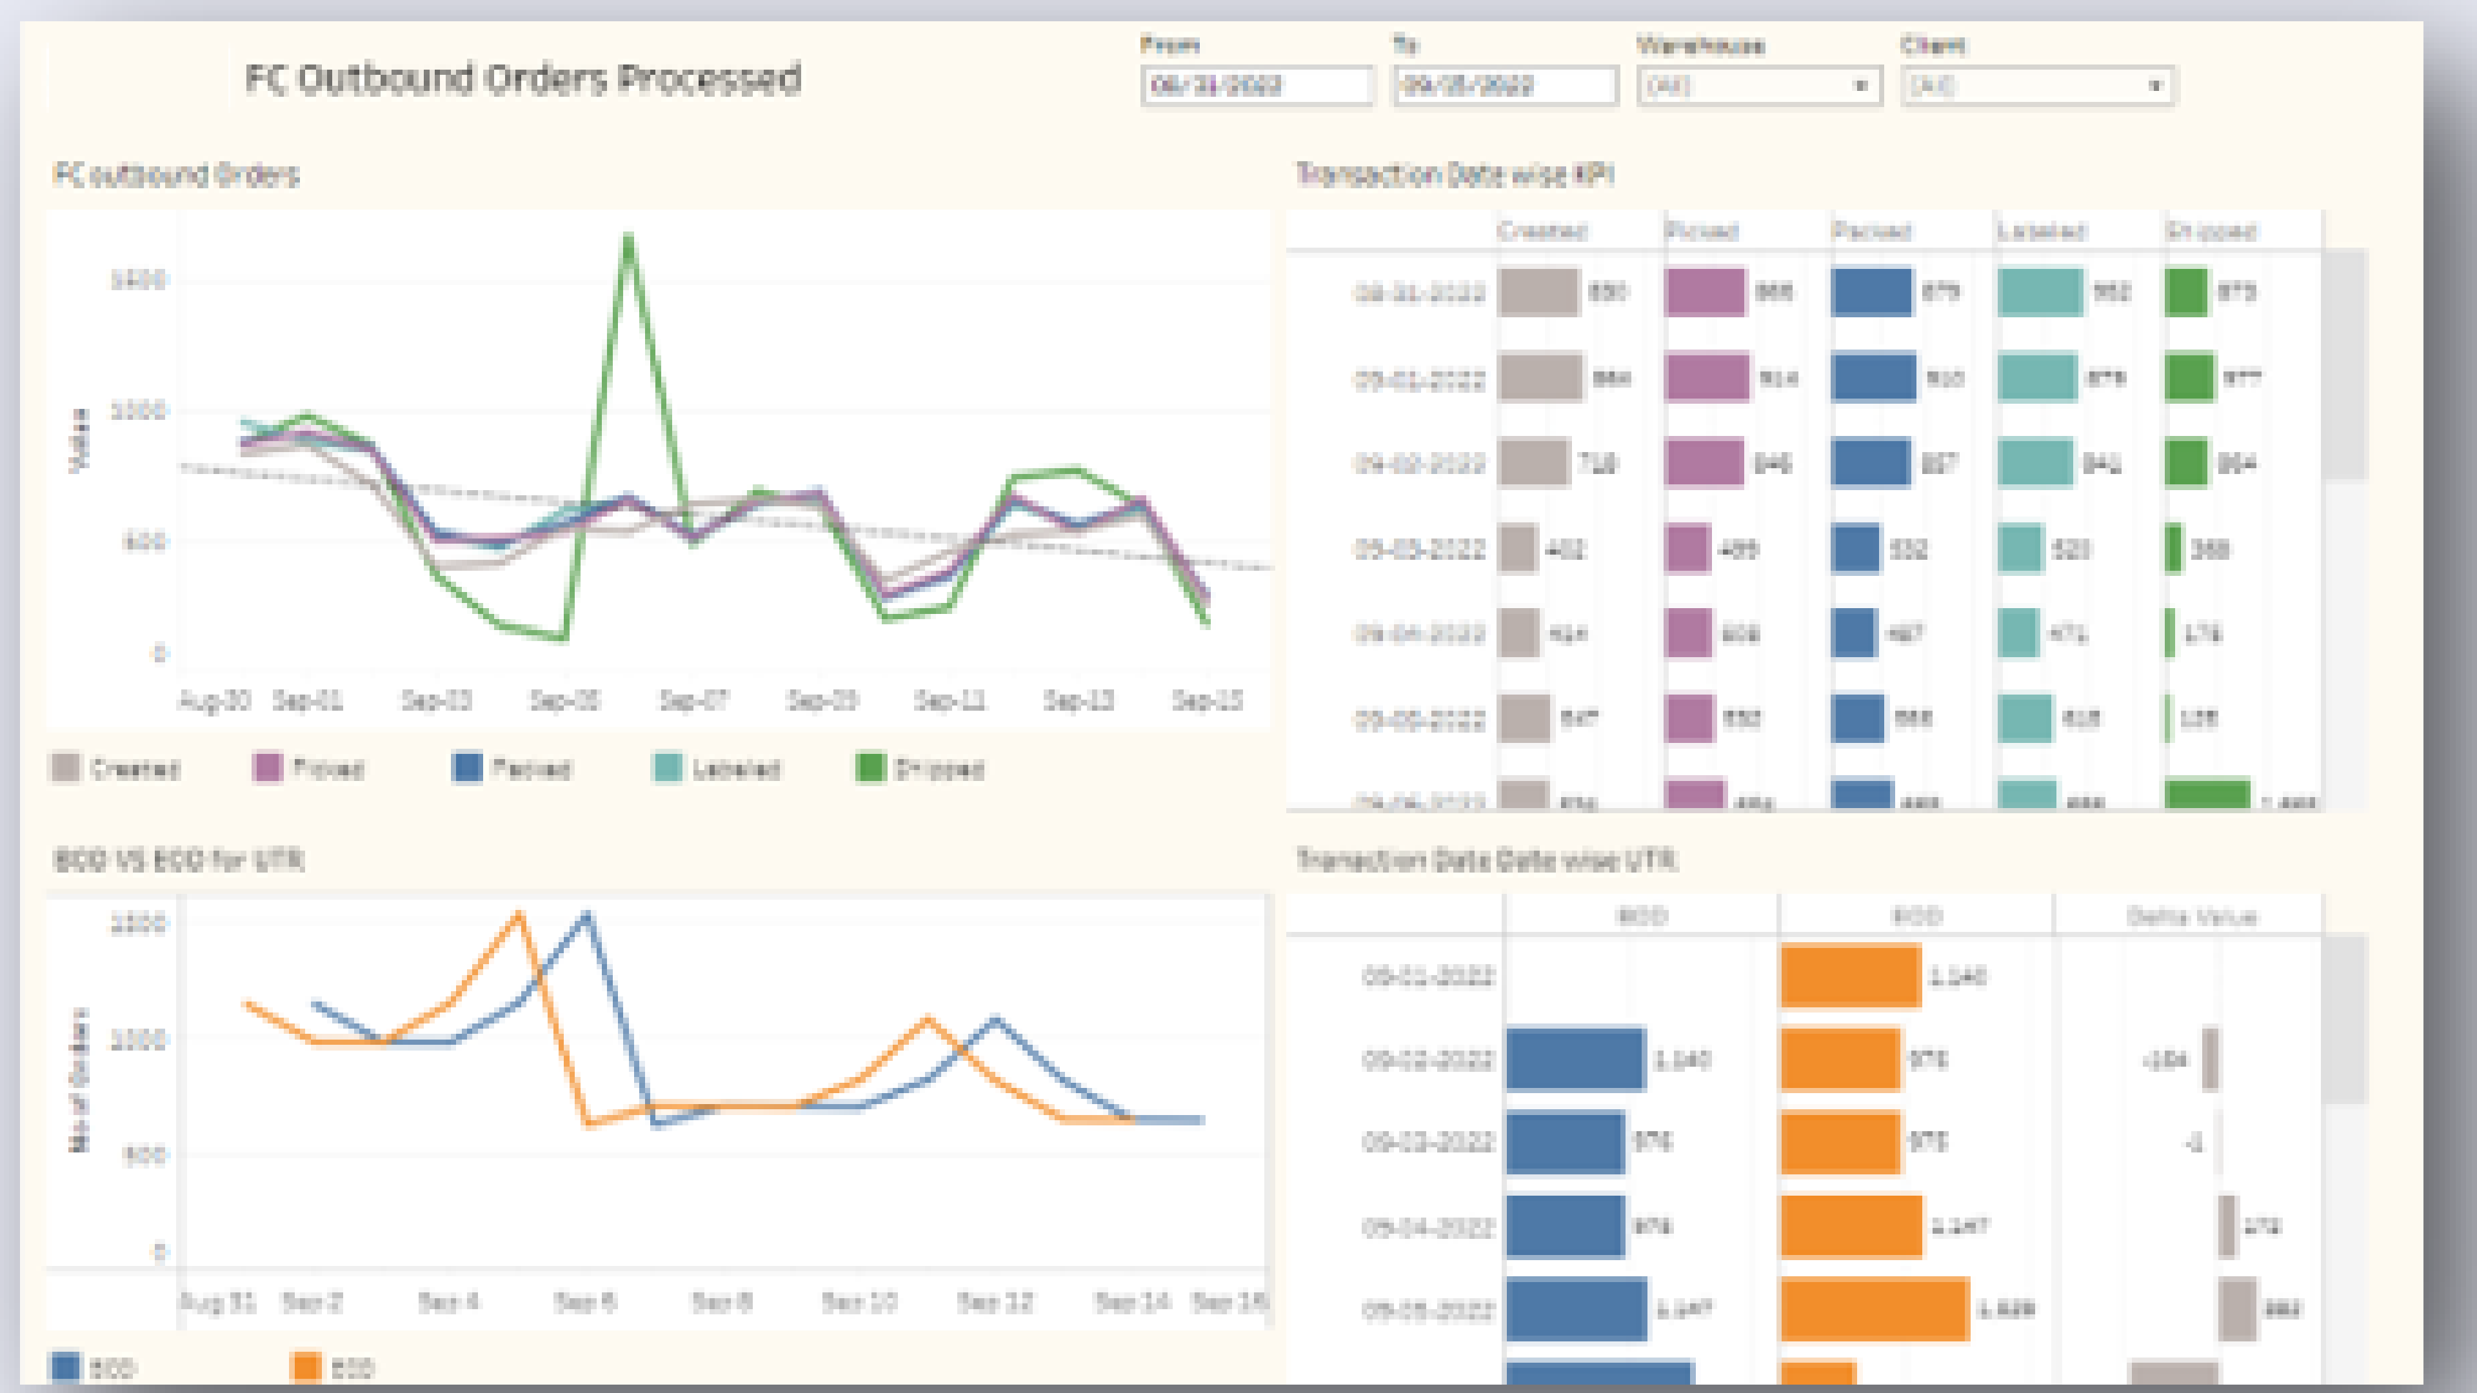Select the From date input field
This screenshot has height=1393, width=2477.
1256,86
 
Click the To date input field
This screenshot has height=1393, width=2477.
1506,86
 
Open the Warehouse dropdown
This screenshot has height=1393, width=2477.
1758,86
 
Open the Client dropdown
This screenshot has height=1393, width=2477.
2036,86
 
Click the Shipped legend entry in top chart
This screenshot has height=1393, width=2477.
920,768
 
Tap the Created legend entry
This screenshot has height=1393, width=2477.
115,768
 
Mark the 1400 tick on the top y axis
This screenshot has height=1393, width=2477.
139,281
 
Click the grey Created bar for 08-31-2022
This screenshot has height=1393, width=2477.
1538,292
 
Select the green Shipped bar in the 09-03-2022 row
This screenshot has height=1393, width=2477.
2173,549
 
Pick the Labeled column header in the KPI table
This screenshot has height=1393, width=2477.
2040,232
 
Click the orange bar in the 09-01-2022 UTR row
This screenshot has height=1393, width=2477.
1850,977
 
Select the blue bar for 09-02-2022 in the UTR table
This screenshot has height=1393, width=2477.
1575,1060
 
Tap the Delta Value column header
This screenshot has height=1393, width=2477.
2191,917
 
